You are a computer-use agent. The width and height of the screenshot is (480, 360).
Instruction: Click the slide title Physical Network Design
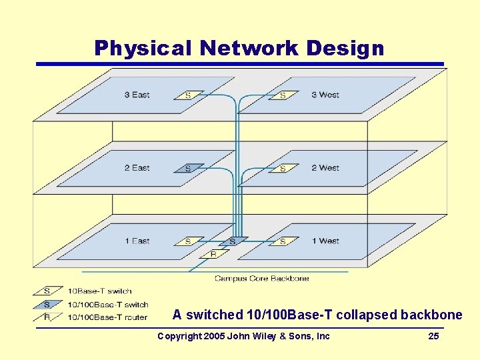click(x=239, y=48)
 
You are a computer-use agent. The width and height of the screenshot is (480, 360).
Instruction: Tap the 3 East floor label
click(x=137, y=95)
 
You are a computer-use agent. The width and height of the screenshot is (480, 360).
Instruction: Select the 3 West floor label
click(x=325, y=95)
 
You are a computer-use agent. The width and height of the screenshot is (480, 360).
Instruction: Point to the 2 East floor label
click(x=137, y=167)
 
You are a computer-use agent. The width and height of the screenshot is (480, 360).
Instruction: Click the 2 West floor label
click(x=325, y=167)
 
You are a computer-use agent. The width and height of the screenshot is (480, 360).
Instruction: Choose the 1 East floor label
click(x=137, y=241)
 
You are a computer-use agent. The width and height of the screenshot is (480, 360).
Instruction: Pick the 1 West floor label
click(x=325, y=241)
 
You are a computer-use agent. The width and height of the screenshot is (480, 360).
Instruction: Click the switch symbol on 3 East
click(x=189, y=95)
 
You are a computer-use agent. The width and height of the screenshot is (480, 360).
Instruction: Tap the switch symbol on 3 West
click(x=283, y=95)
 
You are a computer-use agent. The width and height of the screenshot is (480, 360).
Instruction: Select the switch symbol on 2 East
click(x=189, y=168)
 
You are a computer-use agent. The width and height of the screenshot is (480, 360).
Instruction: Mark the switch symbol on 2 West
click(x=283, y=168)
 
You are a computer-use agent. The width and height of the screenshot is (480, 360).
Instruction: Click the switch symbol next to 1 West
click(x=283, y=241)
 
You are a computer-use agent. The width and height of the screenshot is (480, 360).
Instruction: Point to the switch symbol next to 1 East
click(x=189, y=241)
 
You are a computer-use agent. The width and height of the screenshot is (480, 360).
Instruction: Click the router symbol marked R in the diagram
click(x=213, y=254)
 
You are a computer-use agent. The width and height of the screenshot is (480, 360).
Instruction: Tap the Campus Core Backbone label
click(x=261, y=278)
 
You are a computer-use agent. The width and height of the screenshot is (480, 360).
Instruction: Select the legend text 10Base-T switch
click(x=100, y=291)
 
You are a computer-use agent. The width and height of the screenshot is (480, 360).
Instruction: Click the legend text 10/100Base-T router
click(x=107, y=317)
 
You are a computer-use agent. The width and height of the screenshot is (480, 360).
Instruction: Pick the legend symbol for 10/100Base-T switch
click(x=47, y=304)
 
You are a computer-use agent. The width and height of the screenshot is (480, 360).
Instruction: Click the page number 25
click(x=433, y=336)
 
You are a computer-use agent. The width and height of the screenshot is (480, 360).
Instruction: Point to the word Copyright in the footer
click(x=179, y=336)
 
